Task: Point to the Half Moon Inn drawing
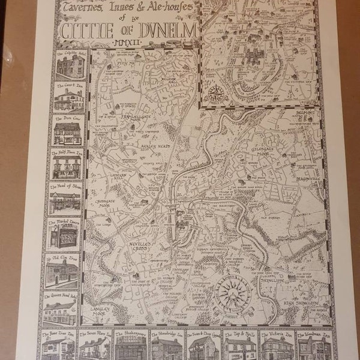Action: click(x=67, y=166)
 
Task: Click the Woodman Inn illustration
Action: click(x=313, y=346)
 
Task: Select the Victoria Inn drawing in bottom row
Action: click(x=277, y=346)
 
